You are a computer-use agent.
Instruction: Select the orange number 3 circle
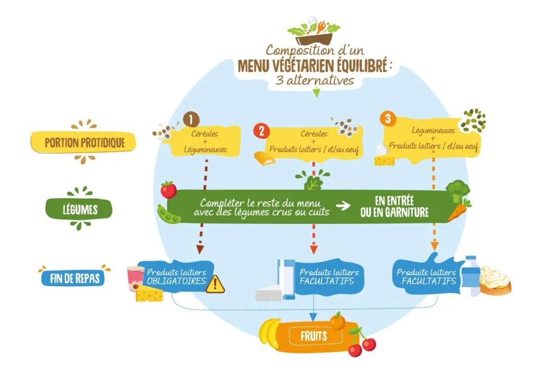point(388,118)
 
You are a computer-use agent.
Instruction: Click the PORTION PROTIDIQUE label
point(84,142)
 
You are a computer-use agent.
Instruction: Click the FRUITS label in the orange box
point(313,336)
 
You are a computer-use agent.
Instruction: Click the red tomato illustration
point(168,189)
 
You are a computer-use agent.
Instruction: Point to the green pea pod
point(168,214)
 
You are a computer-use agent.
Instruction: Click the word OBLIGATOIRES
point(176,282)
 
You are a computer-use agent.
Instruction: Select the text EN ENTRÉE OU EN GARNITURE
point(394,207)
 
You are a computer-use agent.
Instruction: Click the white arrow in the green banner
point(343,206)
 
